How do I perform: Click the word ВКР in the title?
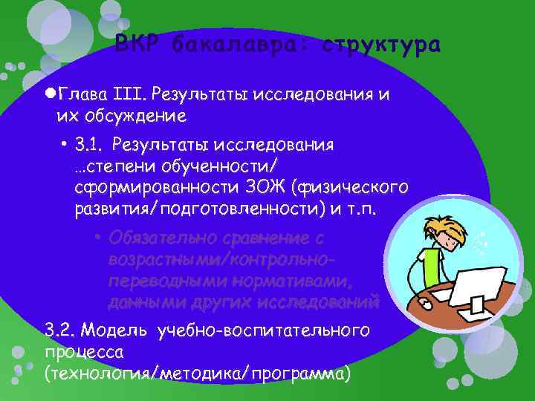[137, 45]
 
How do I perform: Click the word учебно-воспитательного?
[264, 329]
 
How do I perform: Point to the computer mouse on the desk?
[426, 304]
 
